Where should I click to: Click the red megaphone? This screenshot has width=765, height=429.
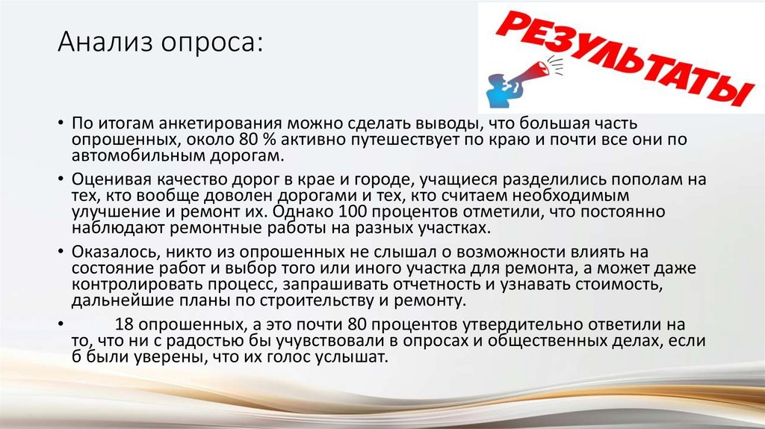point(533,70)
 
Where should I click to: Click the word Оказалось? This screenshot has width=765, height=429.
point(110,251)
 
